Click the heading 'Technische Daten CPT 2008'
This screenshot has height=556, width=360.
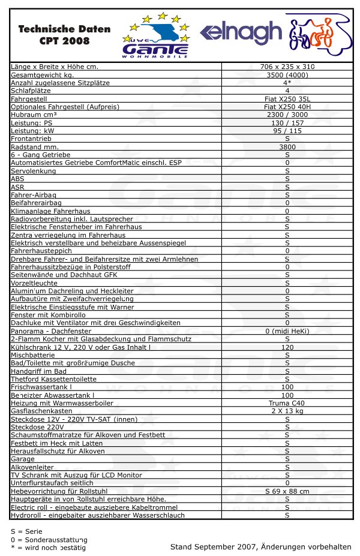(64, 35)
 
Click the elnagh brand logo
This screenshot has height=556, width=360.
(241, 33)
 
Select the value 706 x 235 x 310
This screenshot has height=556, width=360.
(287, 67)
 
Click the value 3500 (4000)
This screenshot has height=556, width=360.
(287, 75)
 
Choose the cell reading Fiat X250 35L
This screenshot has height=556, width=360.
(287, 99)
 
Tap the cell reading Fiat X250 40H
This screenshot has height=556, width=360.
(287, 107)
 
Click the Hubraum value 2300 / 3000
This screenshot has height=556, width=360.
(287, 115)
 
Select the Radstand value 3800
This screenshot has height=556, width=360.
(287, 147)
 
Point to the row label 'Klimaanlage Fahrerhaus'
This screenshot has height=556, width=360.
(50, 211)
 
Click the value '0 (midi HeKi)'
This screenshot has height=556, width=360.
(287, 331)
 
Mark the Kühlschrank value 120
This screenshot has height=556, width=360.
(287, 347)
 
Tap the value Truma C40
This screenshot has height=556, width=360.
(287, 403)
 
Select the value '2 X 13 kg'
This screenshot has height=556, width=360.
(287, 411)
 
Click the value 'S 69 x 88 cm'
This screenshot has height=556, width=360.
(287, 491)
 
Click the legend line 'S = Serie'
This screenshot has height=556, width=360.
(26, 531)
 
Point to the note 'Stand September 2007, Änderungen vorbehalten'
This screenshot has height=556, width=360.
(260, 547)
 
